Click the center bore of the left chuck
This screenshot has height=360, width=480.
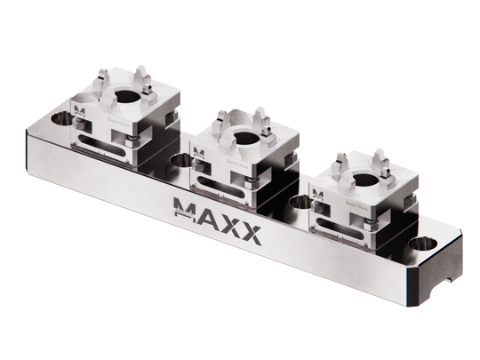pos(122,95)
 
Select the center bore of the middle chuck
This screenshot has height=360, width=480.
pos(238,137)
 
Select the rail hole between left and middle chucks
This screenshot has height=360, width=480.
pos(182,160)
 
